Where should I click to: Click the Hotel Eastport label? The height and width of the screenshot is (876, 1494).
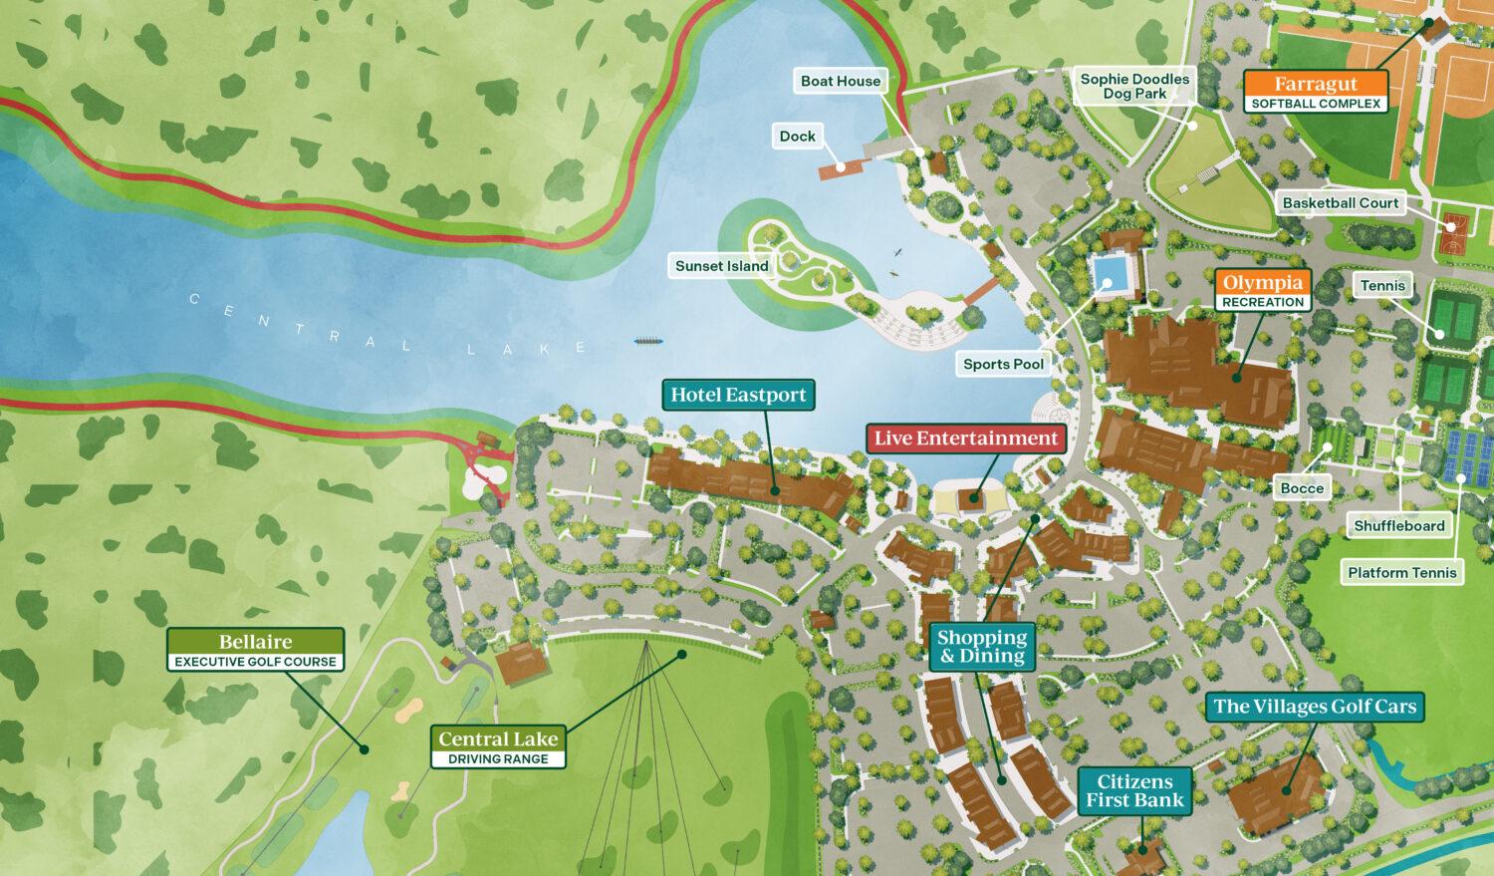coord(738,395)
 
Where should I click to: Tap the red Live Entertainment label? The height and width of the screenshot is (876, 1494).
coord(965,438)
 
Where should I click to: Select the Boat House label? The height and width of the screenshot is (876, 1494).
coord(841,81)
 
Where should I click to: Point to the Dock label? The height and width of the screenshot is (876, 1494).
coord(797,137)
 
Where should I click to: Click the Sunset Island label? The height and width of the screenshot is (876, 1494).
coord(721,266)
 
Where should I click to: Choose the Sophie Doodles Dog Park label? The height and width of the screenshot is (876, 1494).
coord(1134,86)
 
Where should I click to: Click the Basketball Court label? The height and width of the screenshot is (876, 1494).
coord(1340,203)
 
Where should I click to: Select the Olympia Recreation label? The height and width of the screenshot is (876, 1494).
coord(1263,290)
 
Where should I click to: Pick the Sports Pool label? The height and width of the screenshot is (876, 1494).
coord(1003,364)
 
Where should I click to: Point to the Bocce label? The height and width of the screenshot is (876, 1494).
coord(1302,487)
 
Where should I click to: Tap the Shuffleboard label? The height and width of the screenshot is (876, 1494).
coord(1398,525)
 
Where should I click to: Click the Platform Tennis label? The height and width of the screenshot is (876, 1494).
coord(1401,572)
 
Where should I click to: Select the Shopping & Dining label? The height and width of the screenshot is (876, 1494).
coord(981,646)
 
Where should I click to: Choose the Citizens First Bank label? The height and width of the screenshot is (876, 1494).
coord(1134,791)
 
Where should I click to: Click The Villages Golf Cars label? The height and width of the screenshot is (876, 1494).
coord(1314,707)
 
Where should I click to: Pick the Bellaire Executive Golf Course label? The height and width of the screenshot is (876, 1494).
coord(256,650)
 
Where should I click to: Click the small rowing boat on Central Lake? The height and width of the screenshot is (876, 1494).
coord(648,341)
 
